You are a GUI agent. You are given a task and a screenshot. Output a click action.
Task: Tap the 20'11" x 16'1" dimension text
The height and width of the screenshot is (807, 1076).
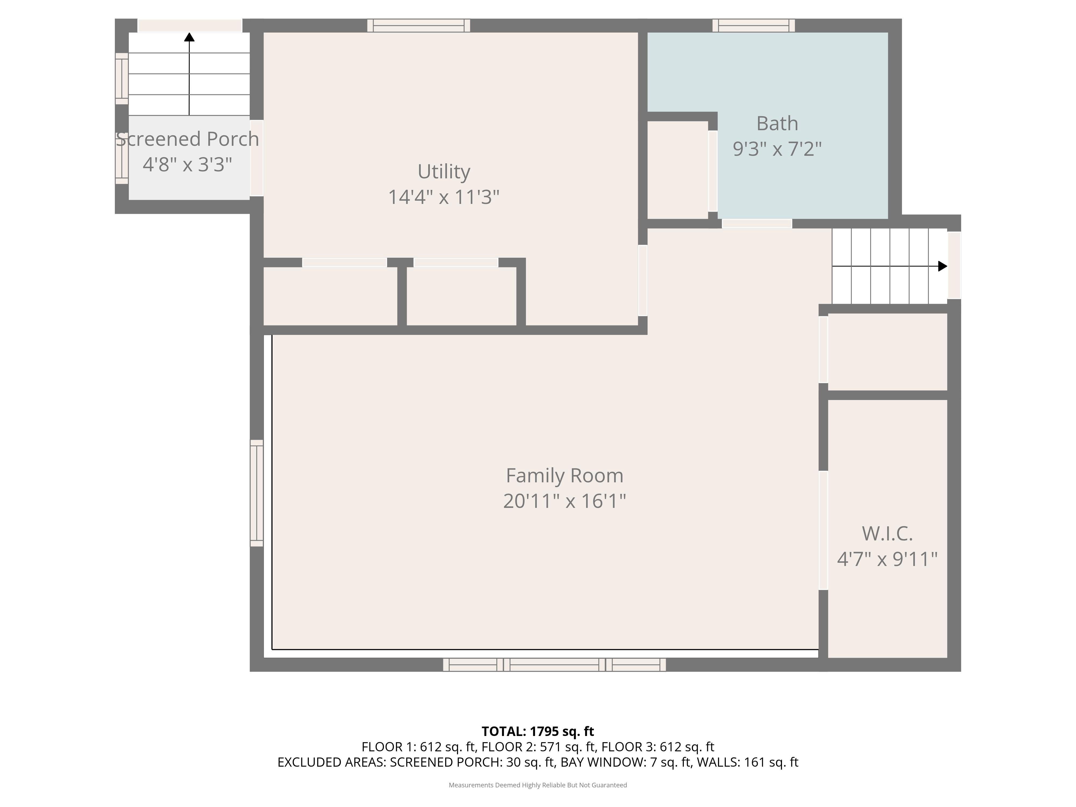tap(564, 501)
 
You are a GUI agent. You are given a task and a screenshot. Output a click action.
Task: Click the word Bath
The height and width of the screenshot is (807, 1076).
tap(777, 123)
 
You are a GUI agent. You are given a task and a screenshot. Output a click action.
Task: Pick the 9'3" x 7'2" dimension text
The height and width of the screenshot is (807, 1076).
tap(777, 149)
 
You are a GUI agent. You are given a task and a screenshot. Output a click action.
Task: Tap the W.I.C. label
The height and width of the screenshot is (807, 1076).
tap(887, 534)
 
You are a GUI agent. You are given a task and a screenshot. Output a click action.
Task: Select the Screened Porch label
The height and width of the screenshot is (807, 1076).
tap(187, 139)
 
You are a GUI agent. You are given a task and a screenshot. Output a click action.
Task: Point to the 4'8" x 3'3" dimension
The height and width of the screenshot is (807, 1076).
tap(187, 164)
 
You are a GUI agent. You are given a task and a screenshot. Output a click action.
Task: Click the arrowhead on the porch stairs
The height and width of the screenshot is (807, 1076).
tap(189, 37)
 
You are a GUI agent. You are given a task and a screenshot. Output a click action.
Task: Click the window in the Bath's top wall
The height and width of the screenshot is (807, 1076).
tap(753, 25)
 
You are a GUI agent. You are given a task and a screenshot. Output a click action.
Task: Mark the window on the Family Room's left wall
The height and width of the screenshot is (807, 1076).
tap(256, 493)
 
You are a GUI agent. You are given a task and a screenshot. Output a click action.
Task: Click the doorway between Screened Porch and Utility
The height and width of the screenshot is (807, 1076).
tap(256, 158)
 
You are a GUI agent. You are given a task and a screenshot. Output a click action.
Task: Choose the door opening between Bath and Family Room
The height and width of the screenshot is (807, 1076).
tap(757, 224)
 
